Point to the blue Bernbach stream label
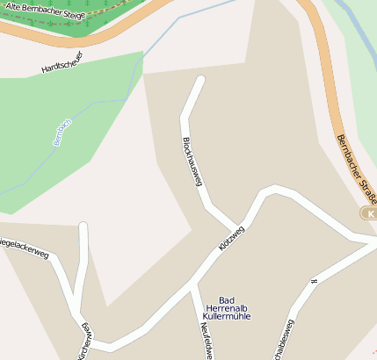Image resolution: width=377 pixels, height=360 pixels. coord(62,129)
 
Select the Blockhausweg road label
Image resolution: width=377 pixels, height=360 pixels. coord(192,160)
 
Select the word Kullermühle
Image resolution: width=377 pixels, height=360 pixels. coord(227,315)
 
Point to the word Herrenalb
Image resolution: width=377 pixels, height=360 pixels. coord(228,307)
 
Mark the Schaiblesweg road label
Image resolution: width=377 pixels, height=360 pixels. coord(286,339)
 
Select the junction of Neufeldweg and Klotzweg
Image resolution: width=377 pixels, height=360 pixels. coord(192,285)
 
